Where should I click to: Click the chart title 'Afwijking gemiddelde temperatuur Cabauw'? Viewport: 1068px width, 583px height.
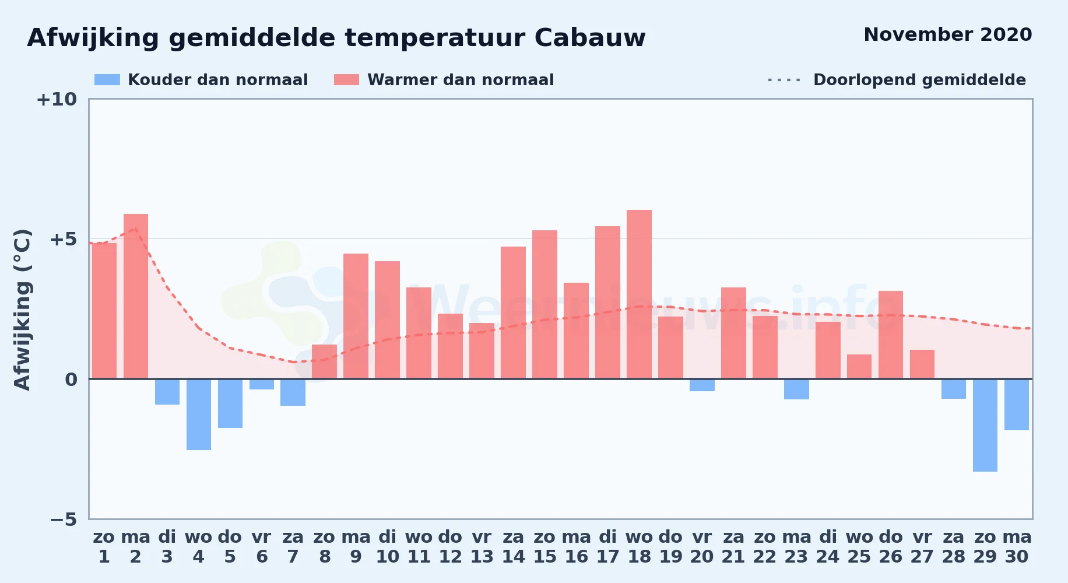tap(336, 38)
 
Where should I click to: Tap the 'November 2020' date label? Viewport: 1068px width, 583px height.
tap(947, 34)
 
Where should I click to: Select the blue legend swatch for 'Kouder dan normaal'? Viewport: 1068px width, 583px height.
tap(107, 80)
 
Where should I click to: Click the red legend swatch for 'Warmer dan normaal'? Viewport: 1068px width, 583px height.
tap(346, 80)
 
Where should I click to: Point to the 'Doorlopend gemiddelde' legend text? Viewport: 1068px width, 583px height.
tap(919, 80)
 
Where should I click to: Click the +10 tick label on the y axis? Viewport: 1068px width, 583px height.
tap(57, 99)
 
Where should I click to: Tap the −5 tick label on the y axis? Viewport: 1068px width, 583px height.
tap(64, 519)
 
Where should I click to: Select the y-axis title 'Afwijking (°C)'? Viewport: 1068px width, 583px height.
tap(22, 309)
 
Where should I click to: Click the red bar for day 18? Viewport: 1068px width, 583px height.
tap(639, 294)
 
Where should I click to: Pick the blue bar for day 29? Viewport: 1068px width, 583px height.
tap(985, 425)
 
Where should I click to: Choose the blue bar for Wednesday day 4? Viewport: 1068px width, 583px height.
tap(199, 415)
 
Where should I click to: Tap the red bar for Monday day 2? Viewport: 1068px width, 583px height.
tap(136, 296)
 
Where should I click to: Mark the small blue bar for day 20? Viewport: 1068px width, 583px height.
tap(702, 385)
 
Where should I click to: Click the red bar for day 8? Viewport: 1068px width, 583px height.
tap(325, 361)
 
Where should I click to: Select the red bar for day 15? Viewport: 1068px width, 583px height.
tap(544, 304)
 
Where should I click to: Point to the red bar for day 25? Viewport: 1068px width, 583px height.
tap(859, 367)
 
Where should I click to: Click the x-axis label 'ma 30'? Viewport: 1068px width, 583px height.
tap(1017, 547)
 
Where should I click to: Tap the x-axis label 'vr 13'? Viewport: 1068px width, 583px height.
tap(482, 547)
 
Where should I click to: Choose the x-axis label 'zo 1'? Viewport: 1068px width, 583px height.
tap(104, 547)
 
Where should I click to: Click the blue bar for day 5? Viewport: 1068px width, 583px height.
tap(230, 403)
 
